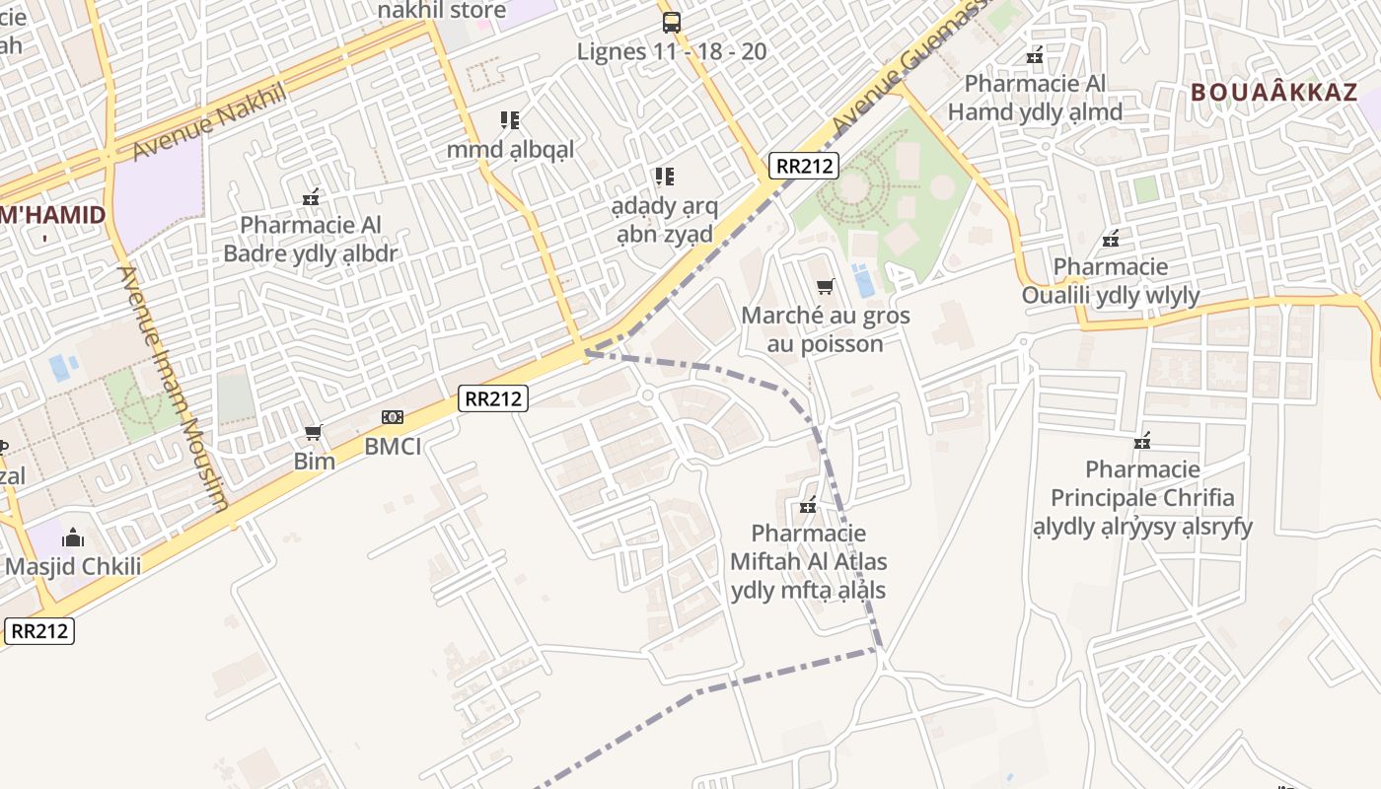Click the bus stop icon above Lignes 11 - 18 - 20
point(671,22)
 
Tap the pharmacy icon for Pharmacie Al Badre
point(311,197)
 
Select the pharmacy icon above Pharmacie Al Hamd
point(1035,56)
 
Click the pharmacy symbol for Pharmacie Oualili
point(1111,239)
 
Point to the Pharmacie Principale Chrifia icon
point(1142,441)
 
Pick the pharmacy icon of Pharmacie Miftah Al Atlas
point(808,506)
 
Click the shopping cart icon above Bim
point(314,433)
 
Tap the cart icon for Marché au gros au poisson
point(825,287)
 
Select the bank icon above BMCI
point(393,418)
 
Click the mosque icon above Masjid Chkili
point(73,538)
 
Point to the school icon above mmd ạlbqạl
point(510,121)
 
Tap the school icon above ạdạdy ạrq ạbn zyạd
point(665,178)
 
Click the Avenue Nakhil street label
point(208,121)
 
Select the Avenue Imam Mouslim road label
point(173,389)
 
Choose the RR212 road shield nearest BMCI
point(493,398)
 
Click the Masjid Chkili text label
point(73,567)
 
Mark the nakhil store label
point(442,11)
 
